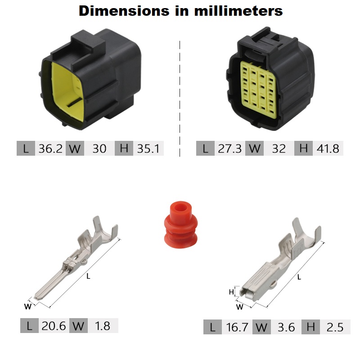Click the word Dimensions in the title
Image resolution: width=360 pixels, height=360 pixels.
click(124, 11)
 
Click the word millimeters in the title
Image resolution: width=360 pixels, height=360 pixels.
click(238, 11)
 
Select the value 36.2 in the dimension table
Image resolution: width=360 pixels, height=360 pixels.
click(50, 148)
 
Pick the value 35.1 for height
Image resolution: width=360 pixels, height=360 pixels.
click(148, 148)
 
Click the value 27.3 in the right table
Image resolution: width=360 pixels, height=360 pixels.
click(229, 148)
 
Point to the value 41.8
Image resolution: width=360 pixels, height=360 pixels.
click(328, 148)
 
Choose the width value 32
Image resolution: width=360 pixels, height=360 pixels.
click(279, 148)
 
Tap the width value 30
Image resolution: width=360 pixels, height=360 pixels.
click(99, 148)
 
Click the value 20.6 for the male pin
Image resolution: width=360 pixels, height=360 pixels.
click(54, 326)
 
